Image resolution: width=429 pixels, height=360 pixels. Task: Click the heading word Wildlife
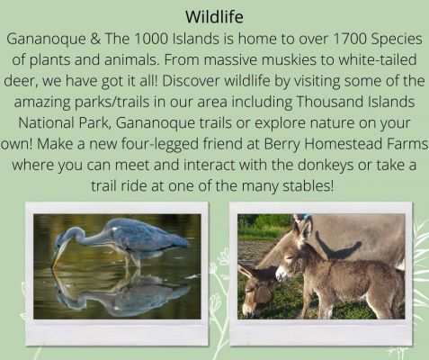(214, 17)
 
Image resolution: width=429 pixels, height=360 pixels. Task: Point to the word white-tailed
(378, 59)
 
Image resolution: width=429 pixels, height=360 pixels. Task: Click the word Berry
(282, 144)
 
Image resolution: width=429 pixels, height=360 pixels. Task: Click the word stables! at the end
(308, 185)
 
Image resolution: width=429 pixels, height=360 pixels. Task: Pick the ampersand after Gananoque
(95, 39)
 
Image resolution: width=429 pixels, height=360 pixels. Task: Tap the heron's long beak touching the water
(58, 255)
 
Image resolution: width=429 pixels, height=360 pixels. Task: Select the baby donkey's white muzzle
(281, 274)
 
